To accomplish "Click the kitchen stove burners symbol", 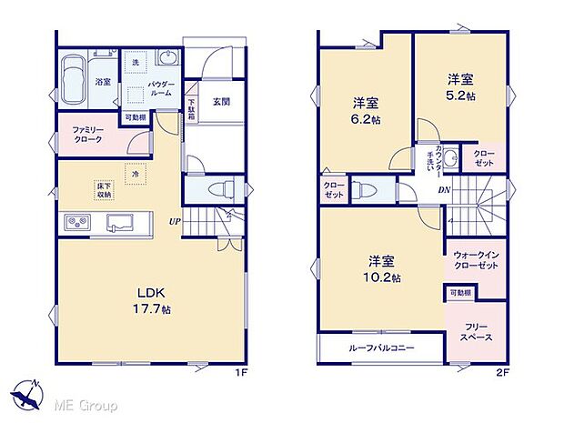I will click(x=75, y=223).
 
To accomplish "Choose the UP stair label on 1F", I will click(x=172, y=219).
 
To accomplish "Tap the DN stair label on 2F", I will click(x=444, y=190).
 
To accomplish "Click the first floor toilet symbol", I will click(x=217, y=190).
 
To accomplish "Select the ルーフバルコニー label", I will click(x=380, y=348).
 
